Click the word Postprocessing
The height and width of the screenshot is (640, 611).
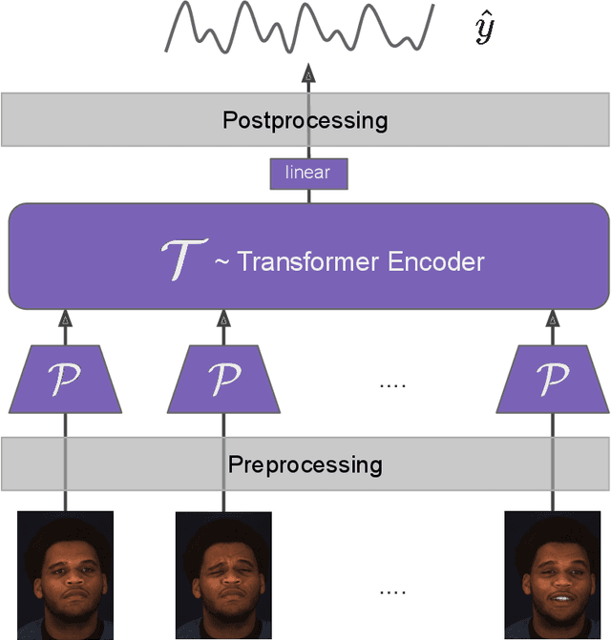305,120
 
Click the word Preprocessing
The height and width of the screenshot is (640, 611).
305,465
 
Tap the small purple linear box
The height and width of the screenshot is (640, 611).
308,173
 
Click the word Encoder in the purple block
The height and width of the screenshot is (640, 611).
433,261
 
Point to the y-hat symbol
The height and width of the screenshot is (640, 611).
484,31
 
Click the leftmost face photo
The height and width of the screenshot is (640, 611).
65,575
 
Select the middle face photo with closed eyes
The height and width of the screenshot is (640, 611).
223,575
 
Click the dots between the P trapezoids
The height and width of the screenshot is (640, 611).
391,384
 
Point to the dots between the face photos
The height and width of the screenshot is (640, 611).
391,591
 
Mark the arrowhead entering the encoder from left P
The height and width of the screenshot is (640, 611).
65,318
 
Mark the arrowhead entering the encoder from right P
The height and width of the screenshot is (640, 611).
552,318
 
